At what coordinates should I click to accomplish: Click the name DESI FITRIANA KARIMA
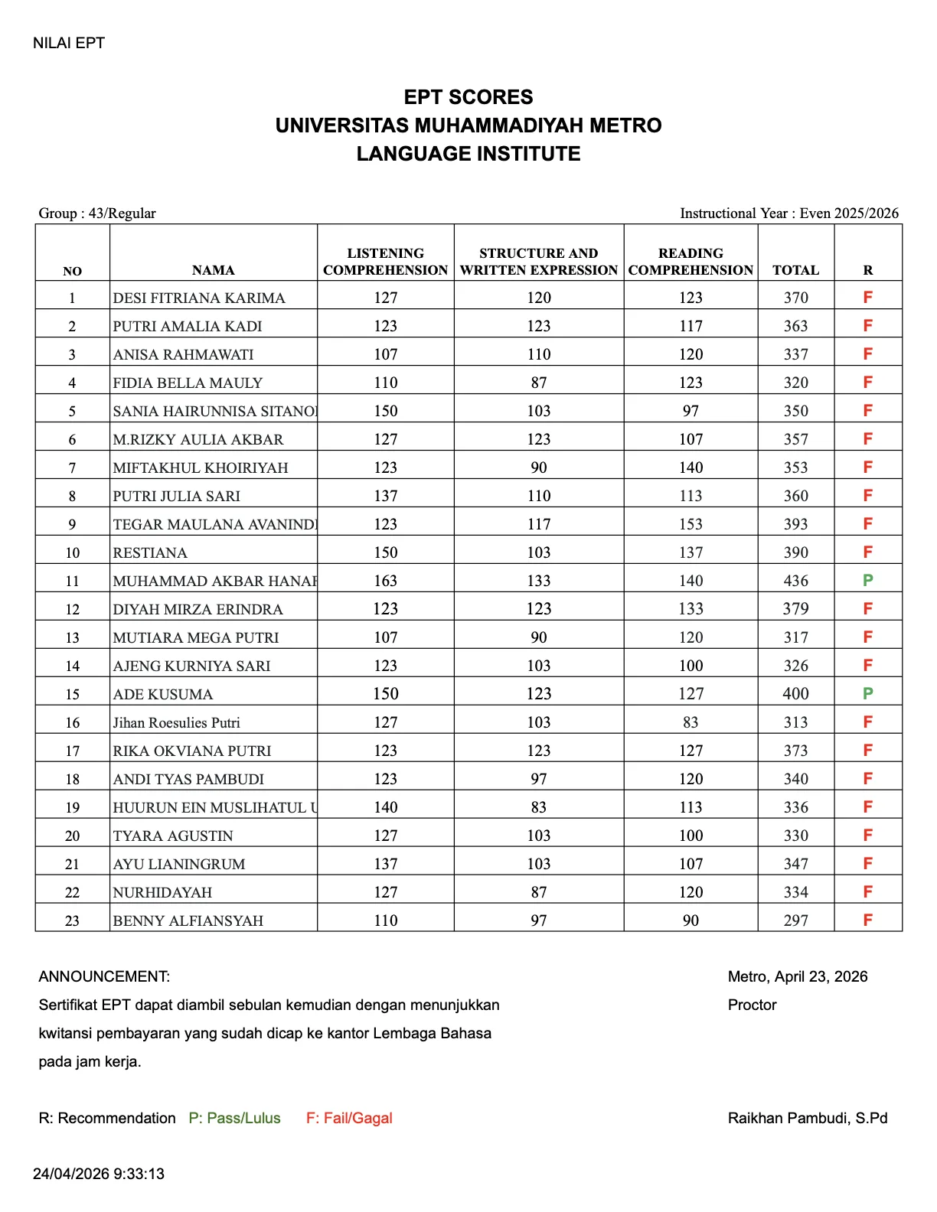[x=199, y=298]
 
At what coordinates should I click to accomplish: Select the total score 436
[x=795, y=581]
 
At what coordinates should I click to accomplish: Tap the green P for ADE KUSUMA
[x=867, y=693]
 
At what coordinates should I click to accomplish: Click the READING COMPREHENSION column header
[x=691, y=262]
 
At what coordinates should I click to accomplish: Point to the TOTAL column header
[x=795, y=270]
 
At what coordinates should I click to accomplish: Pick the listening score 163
[x=385, y=581]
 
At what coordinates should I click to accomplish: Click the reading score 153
[x=691, y=524]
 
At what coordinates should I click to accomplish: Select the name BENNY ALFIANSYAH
[x=188, y=920]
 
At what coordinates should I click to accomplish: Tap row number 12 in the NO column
[x=72, y=609]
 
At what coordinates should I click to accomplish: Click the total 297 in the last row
[x=795, y=920]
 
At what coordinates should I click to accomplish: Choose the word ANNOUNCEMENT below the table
[x=104, y=976]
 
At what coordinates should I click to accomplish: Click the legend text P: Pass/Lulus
[x=234, y=1118]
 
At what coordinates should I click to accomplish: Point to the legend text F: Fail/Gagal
[x=349, y=1118]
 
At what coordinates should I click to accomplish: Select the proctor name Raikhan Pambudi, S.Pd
[x=808, y=1118]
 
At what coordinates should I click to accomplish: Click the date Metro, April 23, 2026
[x=798, y=976]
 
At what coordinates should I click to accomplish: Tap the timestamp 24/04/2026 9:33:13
[x=99, y=1174]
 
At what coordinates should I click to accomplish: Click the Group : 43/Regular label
[x=97, y=213]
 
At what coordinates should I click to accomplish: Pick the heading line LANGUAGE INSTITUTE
[x=468, y=154]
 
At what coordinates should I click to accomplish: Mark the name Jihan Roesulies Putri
[x=177, y=722]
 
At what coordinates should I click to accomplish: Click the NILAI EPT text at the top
[x=69, y=43]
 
